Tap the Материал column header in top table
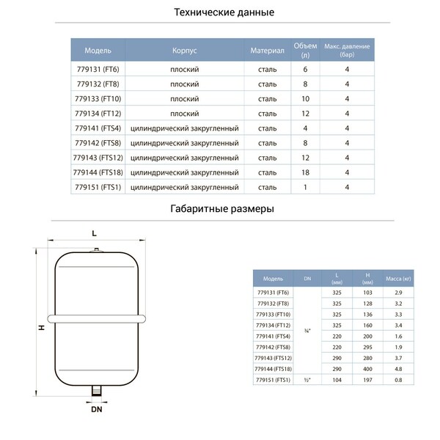click(267, 52)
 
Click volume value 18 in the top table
click(304, 172)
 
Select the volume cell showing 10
click(304, 98)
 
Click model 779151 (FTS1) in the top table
click(98, 187)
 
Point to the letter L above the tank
click(94, 233)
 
